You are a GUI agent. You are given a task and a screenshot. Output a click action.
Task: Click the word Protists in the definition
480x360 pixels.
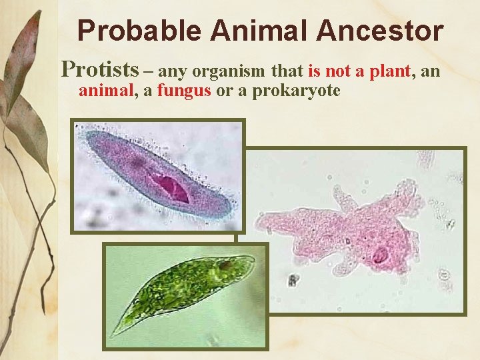(x=100, y=69)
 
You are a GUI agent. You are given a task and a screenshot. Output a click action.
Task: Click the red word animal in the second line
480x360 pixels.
(x=107, y=90)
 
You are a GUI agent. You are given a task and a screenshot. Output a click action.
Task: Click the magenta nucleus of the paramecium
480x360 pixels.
(x=171, y=187)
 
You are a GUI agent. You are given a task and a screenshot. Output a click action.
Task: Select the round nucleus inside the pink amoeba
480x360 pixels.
(x=381, y=255)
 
